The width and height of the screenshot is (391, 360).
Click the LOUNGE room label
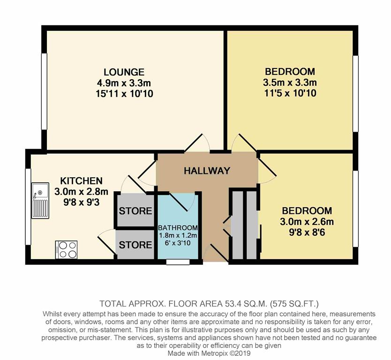(124, 72)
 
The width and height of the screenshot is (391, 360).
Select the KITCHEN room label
(81, 181)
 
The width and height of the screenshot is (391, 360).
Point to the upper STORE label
(135, 211)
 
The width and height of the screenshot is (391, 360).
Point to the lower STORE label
(135, 245)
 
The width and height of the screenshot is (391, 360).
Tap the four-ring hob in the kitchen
(66, 249)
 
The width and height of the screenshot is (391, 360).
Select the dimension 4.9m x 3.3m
(124, 83)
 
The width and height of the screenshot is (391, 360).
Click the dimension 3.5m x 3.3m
(290, 83)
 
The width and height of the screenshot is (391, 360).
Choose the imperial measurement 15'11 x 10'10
(124, 94)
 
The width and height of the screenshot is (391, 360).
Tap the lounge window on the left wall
(44, 91)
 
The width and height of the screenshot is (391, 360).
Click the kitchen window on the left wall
(28, 206)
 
